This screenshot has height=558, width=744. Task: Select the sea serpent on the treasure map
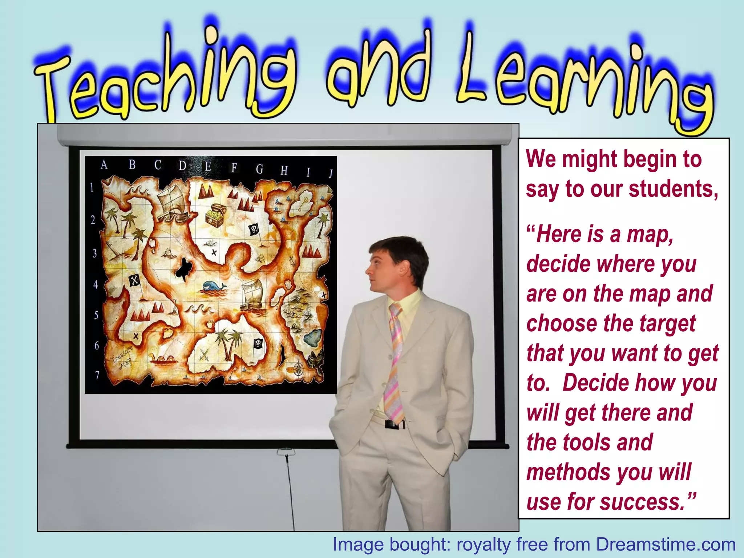click(163, 359)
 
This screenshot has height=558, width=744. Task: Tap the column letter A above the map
click(104, 165)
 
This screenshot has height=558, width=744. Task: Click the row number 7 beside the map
click(97, 375)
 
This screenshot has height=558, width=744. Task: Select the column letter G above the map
click(259, 169)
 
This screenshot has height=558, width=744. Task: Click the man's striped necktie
click(396, 363)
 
